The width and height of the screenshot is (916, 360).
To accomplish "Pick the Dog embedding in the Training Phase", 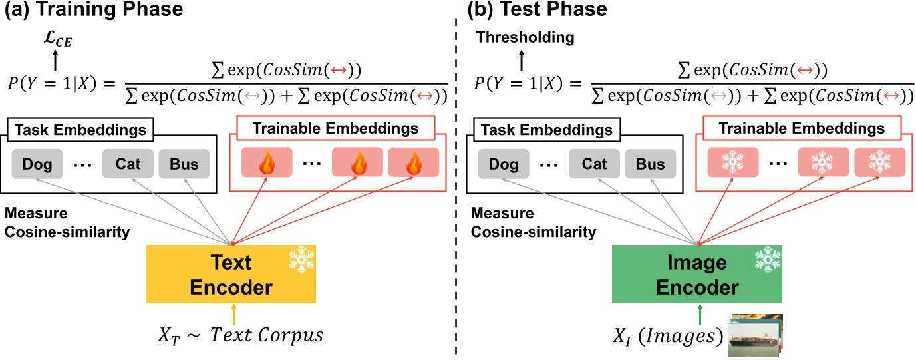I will [37, 163].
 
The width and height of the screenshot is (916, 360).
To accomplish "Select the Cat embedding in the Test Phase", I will [594, 163].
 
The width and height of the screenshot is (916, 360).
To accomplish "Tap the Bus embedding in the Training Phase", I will [184, 163].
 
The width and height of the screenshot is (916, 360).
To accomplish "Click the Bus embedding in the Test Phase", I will [649, 163].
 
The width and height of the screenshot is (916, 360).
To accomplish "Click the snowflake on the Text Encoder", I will [301, 260].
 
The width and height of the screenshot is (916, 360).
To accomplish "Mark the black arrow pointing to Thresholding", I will [522, 61].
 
